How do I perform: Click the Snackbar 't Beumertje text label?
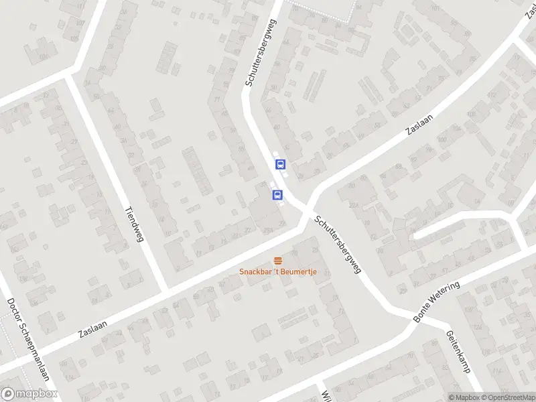pyautogui.click(x=278, y=271)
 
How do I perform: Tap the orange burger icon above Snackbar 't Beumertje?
pyautogui.click(x=278, y=260)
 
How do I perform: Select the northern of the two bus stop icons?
pyautogui.click(x=280, y=163)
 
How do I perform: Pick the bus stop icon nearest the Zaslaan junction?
pyautogui.click(x=277, y=195)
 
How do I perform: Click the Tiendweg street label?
pyautogui.click(x=134, y=224)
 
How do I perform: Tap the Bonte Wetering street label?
pyautogui.click(x=437, y=303)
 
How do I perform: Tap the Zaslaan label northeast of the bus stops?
pyautogui.click(x=420, y=125)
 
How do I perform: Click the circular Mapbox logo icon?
pyautogui.click(x=8, y=394)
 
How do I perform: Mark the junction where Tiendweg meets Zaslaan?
pyautogui.click(x=164, y=289)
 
